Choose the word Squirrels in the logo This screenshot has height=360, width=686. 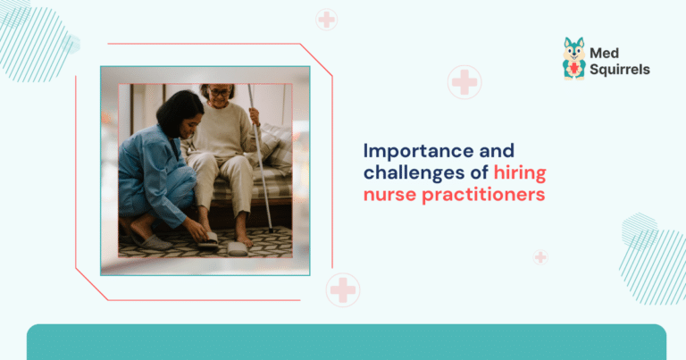(x=619, y=70)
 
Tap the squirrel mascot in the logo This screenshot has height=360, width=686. (x=573, y=59)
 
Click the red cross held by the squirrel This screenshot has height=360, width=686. (x=573, y=68)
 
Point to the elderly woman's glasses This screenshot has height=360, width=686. (x=220, y=92)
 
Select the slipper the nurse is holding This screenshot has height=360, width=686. (x=206, y=239)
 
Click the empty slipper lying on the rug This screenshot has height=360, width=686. (x=238, y=248)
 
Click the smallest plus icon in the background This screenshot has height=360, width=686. (x=540, y=257)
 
